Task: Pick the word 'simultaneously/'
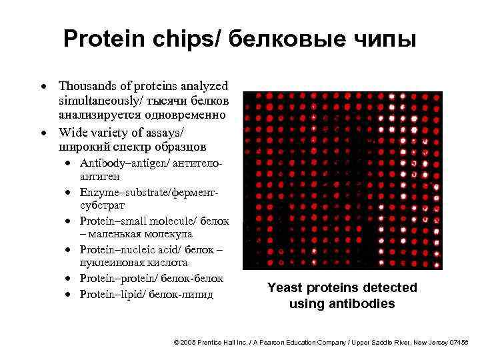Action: pos(98,101)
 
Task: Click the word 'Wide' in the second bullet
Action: pos(71,131)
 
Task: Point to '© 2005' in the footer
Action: pos(186,342)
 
